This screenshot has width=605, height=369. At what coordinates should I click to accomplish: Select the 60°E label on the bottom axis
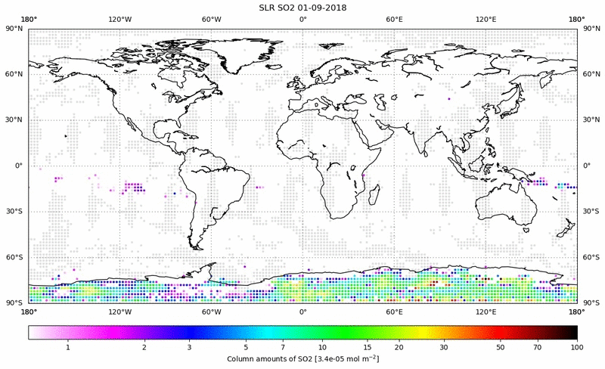pos(394,312)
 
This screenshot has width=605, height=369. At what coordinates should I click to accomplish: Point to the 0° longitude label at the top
pos(302,20)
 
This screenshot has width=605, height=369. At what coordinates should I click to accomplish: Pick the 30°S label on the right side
pos(590,211)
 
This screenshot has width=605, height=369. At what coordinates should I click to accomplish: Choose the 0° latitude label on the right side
pos(587,166)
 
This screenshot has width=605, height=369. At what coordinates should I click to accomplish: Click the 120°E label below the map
pos(486,312)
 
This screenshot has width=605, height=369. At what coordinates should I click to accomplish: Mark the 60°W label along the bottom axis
pos(211,312)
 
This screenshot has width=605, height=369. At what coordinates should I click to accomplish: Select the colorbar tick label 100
pos(576,346)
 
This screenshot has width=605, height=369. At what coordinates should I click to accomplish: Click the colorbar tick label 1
pos(68,346)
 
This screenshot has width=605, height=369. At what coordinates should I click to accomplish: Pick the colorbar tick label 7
pos(282,346)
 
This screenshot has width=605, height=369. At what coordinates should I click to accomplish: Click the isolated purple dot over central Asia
pos(448,99)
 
